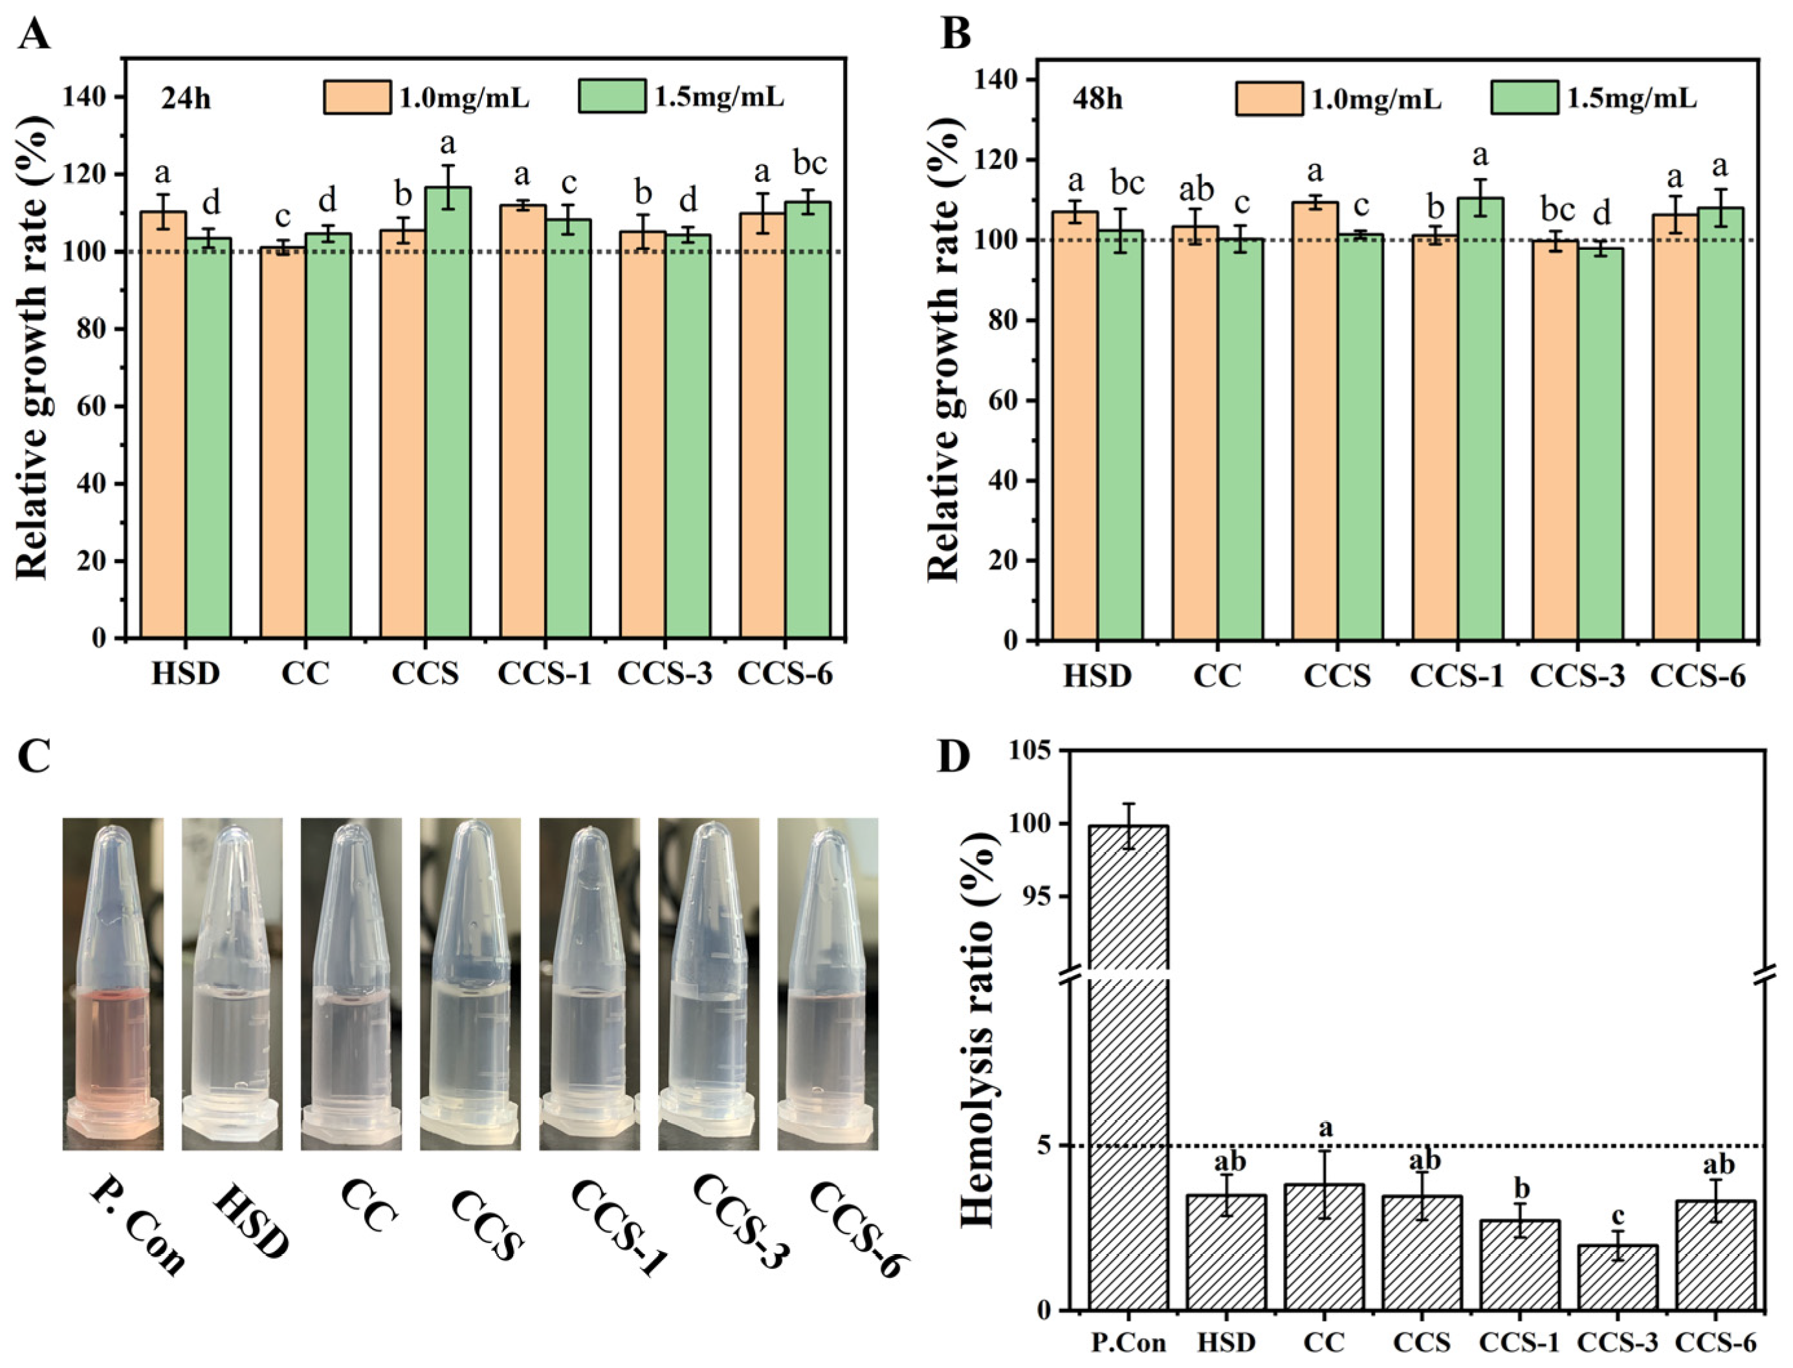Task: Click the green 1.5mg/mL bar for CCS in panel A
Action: pos(447,412)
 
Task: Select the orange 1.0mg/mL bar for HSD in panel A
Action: pos(164,425)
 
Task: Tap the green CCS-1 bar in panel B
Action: pos(1480,419)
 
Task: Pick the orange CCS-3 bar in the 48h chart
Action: pos(1556,440)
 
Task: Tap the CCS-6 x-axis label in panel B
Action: pos(1699,676)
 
